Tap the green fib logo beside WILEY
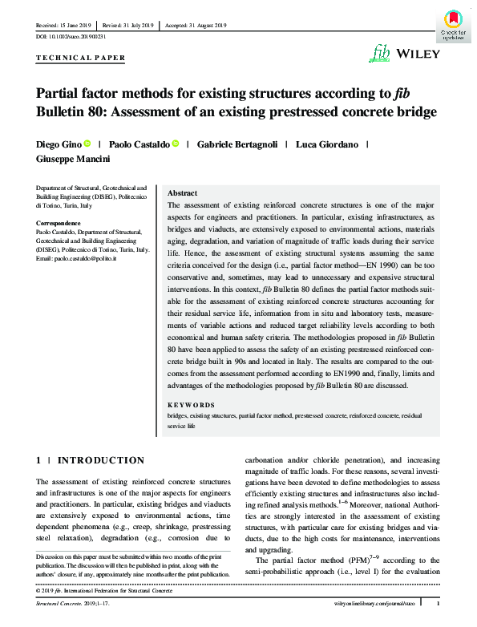381,54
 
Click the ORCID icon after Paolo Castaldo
175,144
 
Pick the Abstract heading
182,194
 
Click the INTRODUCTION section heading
101,460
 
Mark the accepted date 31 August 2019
208,25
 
